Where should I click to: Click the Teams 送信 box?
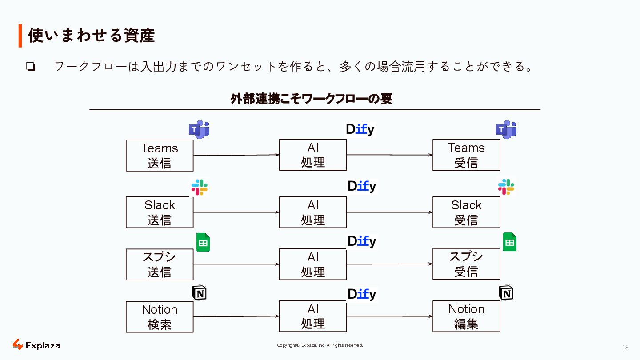[160, 156]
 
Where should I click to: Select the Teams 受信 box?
[466, 155]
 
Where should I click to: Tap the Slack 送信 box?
[160, 212]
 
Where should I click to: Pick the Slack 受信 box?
[466, 212]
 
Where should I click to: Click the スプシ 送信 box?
[160, 264]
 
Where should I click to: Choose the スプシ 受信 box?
[466, 264]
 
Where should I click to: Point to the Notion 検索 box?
[160, 317]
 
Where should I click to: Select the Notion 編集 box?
[466, 316]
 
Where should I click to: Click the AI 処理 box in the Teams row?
[313, 155]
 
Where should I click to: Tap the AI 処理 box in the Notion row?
[313, 316]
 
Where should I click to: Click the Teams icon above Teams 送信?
[199, 129]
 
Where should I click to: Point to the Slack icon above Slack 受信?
[506, 187]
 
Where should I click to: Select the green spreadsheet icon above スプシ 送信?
[203, 243]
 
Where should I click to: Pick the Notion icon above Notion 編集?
[506, 293]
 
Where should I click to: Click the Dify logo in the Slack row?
[362, 187]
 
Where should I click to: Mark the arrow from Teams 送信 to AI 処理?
[236, 155]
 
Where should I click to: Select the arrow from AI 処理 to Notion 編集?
[389, 316]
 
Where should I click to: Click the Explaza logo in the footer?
[36, 345]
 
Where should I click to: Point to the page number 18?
[626, 348]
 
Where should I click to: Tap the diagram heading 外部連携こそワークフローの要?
[311, 99]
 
